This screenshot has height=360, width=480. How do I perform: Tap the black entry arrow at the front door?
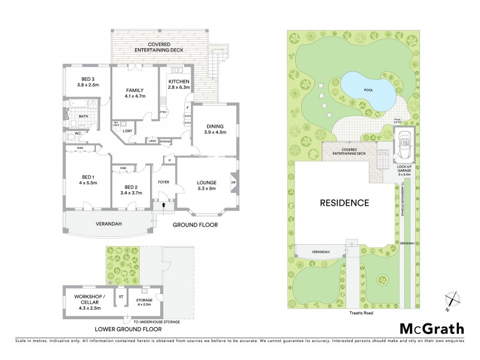pyautogui.click(x=161, y=205)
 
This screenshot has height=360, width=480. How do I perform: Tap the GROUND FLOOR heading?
pyautogui.click(x=195, y=225)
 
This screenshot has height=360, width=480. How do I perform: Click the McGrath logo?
pyautogui.click(x=431, y=328)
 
